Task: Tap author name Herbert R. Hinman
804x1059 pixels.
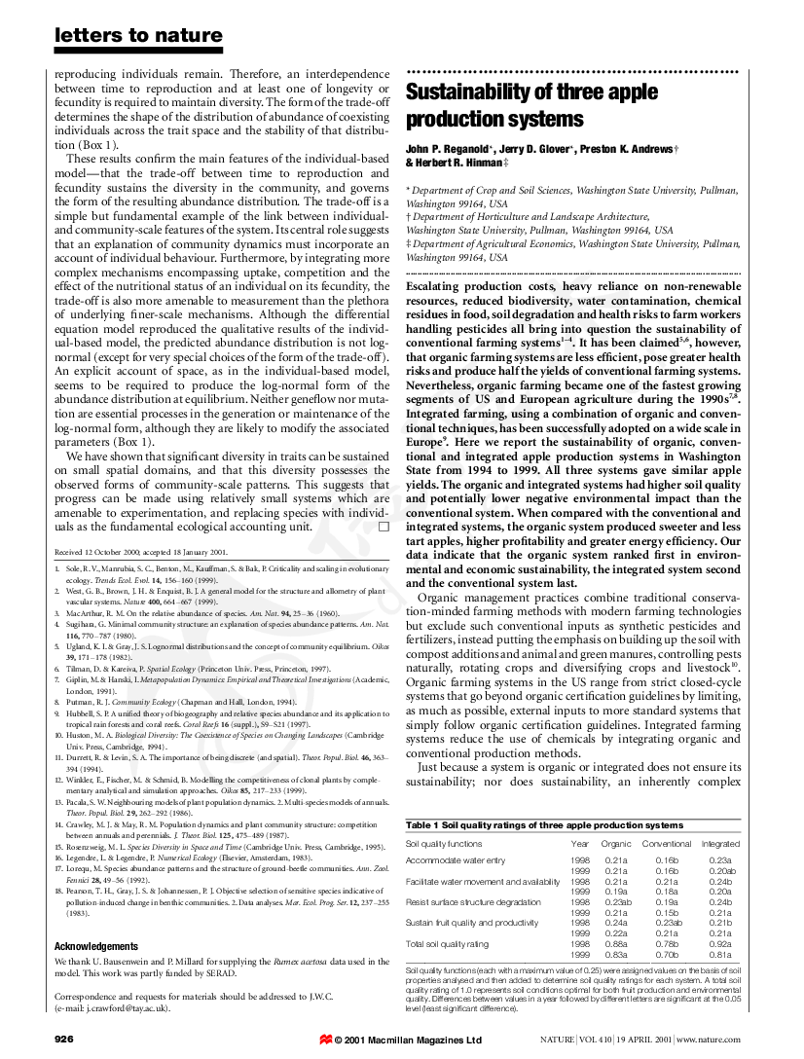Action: (x=450, y=163)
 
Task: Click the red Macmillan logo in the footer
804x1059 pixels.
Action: (x=325, y=1041)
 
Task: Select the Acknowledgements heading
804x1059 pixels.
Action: (x=96, y=946)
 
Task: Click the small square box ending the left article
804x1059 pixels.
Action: (x=384, y=526)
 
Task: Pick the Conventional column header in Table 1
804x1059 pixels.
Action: (x=667, y=844)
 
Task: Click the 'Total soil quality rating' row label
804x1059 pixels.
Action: (x=448, y=943)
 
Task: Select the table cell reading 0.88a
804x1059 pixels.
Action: (x=616, y=943)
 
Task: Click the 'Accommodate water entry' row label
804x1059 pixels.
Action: (x=456, y=860)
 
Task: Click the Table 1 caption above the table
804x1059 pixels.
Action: (x=544, y=825)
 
